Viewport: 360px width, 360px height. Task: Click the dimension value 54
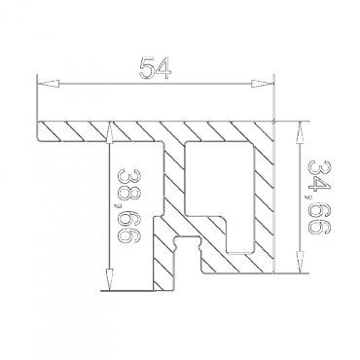pos(157,69)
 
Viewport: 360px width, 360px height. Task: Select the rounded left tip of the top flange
pos(40,131)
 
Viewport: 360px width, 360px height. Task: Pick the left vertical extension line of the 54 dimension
pos(36,102)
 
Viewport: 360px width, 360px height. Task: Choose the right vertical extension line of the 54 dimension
pos(277,102)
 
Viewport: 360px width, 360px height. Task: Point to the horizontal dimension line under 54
pos(157,86)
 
